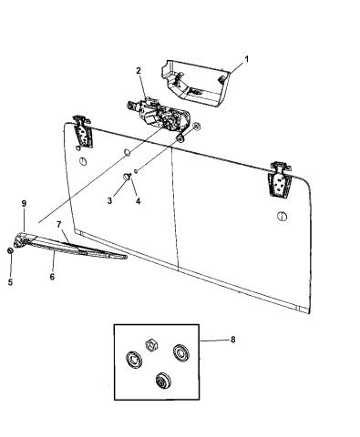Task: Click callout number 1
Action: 246,59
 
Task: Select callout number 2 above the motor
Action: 139,71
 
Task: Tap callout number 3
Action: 109,200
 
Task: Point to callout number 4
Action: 138,200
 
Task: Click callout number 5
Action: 11,282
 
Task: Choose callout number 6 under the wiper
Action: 52,277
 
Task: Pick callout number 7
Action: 59,225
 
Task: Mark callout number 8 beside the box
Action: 232,340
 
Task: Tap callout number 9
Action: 24,203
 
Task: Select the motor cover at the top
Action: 196,83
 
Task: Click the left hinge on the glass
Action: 81,132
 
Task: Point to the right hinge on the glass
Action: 279,179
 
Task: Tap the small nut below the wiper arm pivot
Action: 10,250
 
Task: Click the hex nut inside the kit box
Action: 150,345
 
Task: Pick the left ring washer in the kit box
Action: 134,360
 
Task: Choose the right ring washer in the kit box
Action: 181,353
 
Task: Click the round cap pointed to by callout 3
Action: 126,176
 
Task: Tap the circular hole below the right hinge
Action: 283,216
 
